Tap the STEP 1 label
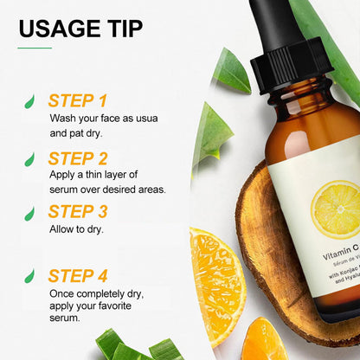click(x=78, y=100)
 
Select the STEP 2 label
click(x=78, y=158)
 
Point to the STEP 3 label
click(x=78, y=212)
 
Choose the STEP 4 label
click(x=78, y=276)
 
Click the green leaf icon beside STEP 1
click(x=30, y=102)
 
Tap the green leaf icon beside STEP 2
click(x=30, y=159)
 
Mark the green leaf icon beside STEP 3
click(x=30, y=214)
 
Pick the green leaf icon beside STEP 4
click(x=30, y=278)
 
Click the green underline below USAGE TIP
click(x=35, y=48)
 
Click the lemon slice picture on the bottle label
click(x=335, y=209)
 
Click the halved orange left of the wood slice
click(x=215, y=280)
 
